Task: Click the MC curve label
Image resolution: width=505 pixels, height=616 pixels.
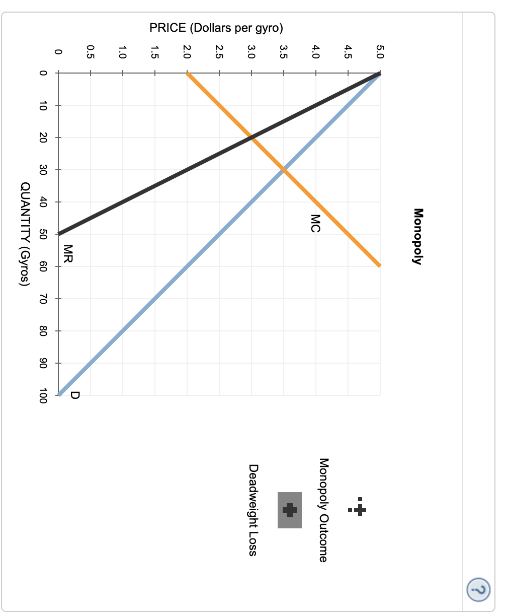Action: (315, 223)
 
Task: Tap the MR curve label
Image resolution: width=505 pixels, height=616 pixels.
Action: (68, 254)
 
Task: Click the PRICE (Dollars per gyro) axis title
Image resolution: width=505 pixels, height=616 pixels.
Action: (219, 28)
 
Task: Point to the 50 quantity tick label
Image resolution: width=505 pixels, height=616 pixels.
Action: (43, 234)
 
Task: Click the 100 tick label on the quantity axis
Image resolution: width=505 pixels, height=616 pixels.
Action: (43, 395)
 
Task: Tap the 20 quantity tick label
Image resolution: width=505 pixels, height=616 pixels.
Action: (43, 138)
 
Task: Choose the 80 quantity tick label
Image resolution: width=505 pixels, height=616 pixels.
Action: (43, 331)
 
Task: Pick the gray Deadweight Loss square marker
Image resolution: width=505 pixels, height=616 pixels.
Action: (290, 510)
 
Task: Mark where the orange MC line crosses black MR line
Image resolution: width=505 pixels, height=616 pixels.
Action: (251, 138)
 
